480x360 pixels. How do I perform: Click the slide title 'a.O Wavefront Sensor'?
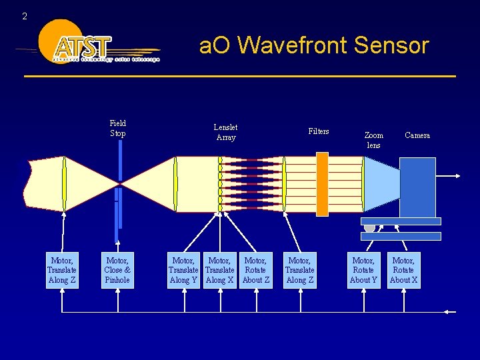313,45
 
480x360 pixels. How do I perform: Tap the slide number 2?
25,16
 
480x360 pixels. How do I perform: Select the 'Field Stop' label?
118,128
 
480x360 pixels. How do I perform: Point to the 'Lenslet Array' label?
225,132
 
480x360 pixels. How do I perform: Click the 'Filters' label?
318,131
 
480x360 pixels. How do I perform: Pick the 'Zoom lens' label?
374,140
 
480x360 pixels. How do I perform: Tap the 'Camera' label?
417,135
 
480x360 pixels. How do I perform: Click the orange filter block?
322,184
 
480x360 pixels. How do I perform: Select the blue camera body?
417,187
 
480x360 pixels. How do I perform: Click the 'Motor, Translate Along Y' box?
183,270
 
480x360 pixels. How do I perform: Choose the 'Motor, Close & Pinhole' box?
117,270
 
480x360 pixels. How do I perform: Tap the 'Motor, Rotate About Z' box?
256,270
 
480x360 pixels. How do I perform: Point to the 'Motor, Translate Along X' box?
220,270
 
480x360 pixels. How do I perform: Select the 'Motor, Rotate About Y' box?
363,270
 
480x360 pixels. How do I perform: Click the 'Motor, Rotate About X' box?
403,270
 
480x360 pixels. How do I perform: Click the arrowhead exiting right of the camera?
457,177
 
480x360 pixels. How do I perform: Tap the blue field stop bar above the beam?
120,160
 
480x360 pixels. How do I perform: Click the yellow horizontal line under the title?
240,76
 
